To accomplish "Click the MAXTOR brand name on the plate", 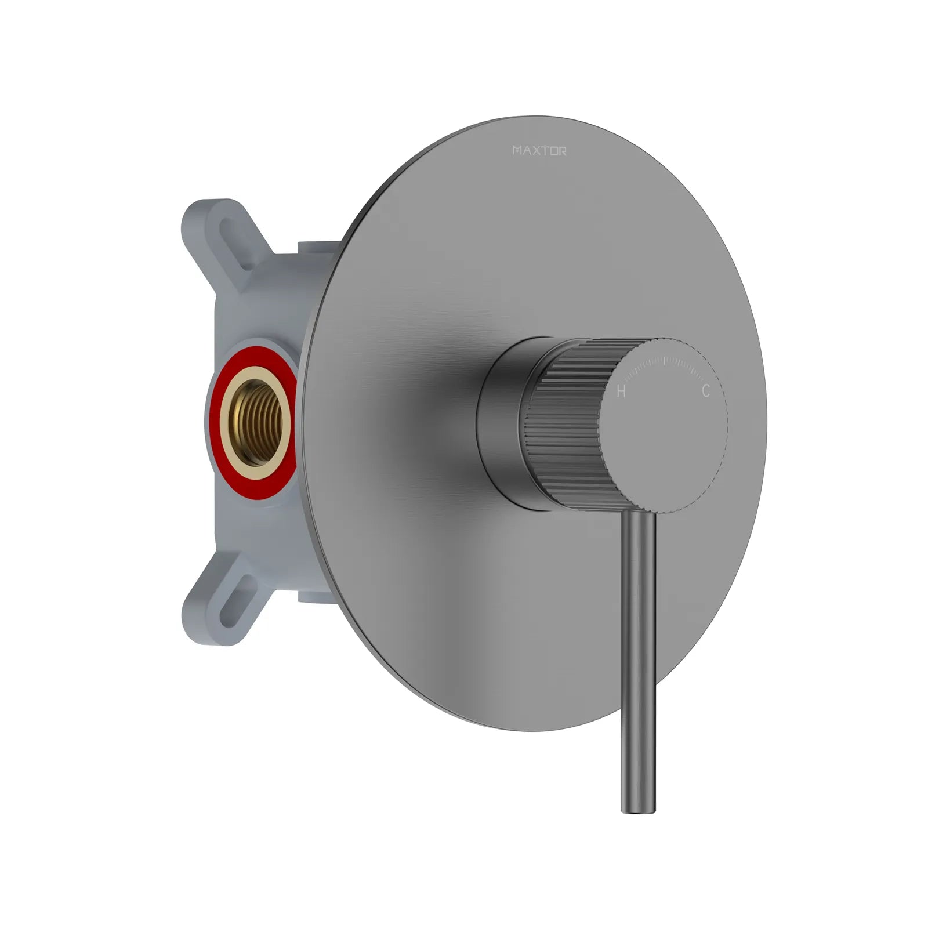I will [539, 151].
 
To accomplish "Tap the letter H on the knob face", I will [621, 391].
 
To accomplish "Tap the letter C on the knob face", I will [705, 391].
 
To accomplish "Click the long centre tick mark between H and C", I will [664, 362].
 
